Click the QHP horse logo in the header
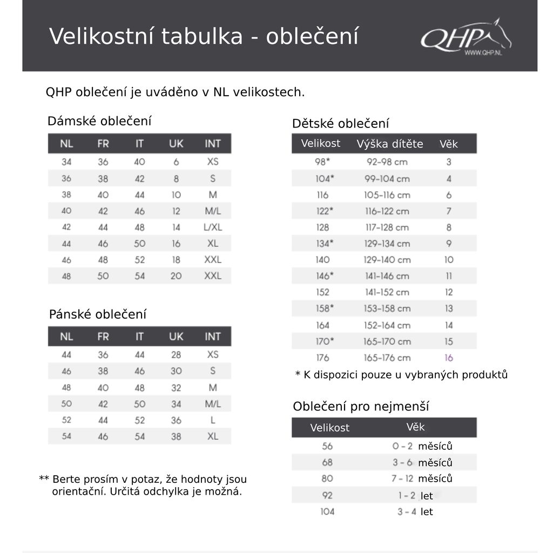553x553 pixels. pyautogui.click(x=466, y=38)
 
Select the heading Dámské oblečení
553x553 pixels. pyautogui.click(x=99, y=121)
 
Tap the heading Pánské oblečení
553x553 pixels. pyautogui.click(x=98, y=314)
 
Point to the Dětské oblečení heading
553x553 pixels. pyautogui.click(x=340, y=124)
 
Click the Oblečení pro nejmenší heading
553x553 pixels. pyautogui.click(x=361, y=407)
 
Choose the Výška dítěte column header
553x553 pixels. pyautogui.click(x=390, y=144)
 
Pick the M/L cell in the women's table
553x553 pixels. pyautogui.click(x=213, y=211)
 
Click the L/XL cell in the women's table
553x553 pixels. pyautogui.click(x=213, y=227)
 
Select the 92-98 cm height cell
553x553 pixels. pyautogui.click(x=387, y=162)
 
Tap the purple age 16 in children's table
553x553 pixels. pyautogui.click(x=449, y=358)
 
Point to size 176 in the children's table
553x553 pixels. pyautogui.click(x=322, y=358)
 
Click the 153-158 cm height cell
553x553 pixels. pyautogui.click(x=387, y=308)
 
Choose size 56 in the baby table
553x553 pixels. pyautogui.click(x=327, y=446)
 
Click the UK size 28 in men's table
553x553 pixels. pyautogui.click(x=176, y=355)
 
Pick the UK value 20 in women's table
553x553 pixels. pyautogui.click(x=176, y=275)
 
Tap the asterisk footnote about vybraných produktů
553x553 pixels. pyautogui.click(x=401, y=375)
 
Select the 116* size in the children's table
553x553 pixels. pyautogui.click(x=322, y=194)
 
